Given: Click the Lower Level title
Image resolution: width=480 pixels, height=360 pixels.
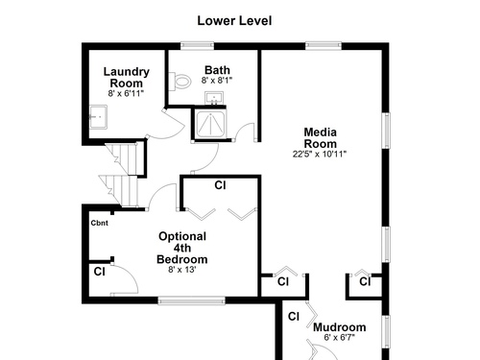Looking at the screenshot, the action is tap(234, 21).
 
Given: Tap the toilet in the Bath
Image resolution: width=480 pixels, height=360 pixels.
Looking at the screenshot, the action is tap(180, 81).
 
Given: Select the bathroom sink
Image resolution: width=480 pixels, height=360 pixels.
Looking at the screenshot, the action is tap(214, 98).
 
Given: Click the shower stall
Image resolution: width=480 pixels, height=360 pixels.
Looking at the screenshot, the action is tap(210, 124).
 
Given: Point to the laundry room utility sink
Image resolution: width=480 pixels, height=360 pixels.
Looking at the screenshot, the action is tap(98, 117).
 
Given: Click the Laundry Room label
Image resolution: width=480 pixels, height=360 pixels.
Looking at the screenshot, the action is tap(127, 77).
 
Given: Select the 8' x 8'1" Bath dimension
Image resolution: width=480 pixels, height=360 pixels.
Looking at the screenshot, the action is tap(217, 81).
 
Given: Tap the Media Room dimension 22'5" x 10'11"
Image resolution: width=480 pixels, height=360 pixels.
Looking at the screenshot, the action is tap(320, 154).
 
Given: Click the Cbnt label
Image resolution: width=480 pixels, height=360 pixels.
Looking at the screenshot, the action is tap(100, 223).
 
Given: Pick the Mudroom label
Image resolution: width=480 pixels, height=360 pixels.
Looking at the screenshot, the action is tap(340, 327).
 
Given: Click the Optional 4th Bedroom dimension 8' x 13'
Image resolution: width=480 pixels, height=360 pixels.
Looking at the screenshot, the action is tap(182, 270).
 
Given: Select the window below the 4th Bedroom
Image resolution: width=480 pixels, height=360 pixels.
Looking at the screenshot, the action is tap(191, 300).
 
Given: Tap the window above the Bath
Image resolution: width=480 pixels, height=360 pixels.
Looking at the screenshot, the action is tap(197, 46).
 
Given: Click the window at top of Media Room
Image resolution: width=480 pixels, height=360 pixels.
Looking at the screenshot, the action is tap(324, 46).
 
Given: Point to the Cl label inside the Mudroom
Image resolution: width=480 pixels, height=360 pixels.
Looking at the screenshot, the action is tap(294, 317).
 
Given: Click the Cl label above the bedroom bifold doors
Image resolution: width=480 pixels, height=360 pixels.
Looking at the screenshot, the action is tap(220, 185).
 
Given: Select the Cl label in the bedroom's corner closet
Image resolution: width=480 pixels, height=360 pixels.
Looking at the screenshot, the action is tap(100, 272).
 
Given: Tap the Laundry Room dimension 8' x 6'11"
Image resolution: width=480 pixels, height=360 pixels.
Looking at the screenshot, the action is tap(126, 93).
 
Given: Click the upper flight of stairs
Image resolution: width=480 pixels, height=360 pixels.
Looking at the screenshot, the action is tap(124, 158).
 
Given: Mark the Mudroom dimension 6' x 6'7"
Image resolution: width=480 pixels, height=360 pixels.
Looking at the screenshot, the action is tap(340, 337).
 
